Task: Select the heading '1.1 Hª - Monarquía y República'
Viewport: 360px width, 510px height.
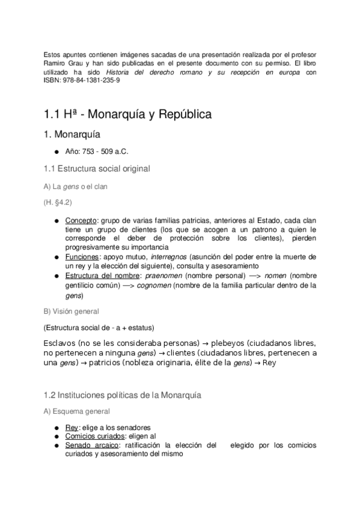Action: point(127,114)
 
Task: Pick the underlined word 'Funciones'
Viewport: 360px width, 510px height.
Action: point(81,257)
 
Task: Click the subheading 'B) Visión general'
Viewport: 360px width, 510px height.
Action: point(71,312)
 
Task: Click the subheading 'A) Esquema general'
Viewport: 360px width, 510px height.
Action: point(76,412)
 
